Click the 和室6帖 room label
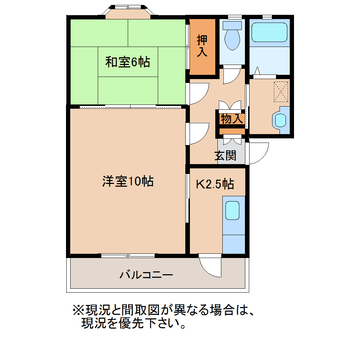click(128, 62)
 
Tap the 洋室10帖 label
click(128, 181)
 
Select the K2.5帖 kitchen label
click(215, 184)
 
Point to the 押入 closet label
click(202, 46)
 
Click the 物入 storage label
click(232, 119)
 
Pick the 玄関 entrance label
click(225, 156)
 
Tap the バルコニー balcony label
click(146, 275)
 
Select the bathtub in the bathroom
click(269, 32)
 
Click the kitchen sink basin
click(232, 210)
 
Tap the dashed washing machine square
click(281, 92)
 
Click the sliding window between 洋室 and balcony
click(128, 256)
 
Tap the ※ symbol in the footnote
click(78, 310)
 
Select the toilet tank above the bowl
click(232, 25)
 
